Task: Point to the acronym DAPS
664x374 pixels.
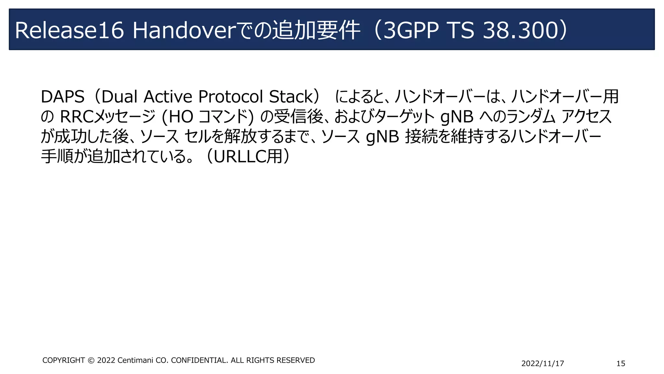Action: (63, 97)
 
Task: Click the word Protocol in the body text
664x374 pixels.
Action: (230, 97)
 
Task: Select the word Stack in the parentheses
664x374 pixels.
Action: (290, 97)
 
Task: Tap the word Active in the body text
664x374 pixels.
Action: (168, 97)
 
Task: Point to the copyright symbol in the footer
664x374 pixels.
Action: (91, 360)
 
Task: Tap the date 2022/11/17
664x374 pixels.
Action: (542, 364)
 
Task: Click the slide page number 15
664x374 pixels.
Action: (621, 364)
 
